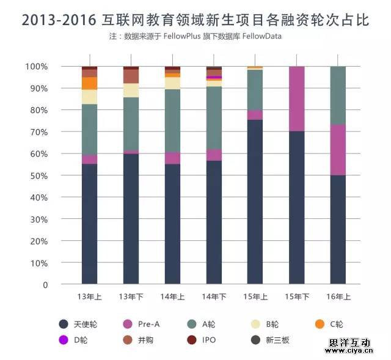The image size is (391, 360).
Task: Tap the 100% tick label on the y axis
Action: pyautogui.click(x=37, y=66)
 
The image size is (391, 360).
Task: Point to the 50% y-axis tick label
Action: pyautogui.click(x=39, y=175)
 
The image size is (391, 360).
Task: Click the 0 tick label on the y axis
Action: pyautogui.click(x=45, y=285)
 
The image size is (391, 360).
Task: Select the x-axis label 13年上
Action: pyautogui.click(x=89, y=297)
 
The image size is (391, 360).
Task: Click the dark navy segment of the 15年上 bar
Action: pyautogui.click(x=255, y=202)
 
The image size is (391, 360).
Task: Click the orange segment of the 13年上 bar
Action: pyautogui.click(x=90, y=83)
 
